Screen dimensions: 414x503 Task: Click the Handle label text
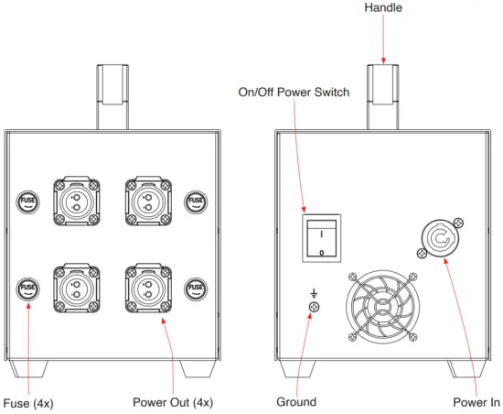click(382, 7)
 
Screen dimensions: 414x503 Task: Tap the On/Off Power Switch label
click(293, 93)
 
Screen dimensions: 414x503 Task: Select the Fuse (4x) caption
click(27, 401)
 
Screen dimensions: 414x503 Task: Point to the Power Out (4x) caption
click(173, 401)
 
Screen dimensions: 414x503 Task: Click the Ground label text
click(296, 401)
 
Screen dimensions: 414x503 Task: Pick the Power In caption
click(476, 401)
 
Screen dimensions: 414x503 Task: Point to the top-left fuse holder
click(28, 200)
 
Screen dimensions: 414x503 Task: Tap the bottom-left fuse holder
click(28, 289)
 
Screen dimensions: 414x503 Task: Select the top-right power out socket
click(144, 199)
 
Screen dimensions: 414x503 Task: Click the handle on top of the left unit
click(111, 96)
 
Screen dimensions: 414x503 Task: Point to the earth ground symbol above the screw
click(315, 293)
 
